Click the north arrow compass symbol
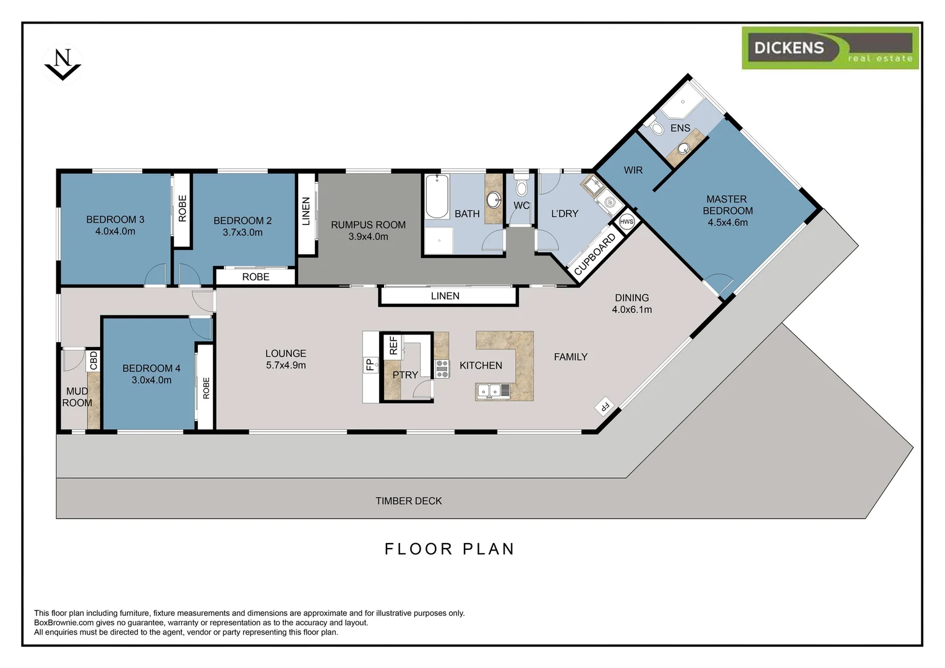pyautogui.click(x=63, y=64)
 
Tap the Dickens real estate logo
pyautogui.click(x=830, y=48)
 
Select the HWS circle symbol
pyautogui.click(x=626, y=221)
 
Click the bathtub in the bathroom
pyautogui.click(x=437, y=196)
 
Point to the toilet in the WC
pyautogui.click(x=521, y=185)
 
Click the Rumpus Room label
pyautogui.click(x=368, y=225)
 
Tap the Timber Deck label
pyautogui.click(x=408, y=501)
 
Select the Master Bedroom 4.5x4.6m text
pyautogui.click(x=727, y=210)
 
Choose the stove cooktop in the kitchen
pyautogui.click(x=442, y=369)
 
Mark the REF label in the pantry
pyautogui.click(x=393, y=345)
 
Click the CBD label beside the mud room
pyautogui.click(x=93, y=361)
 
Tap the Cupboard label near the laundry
pyautogui.click(x=596, y=254)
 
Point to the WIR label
pyautogui.click(x=633, y=170)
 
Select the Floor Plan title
pyautogui.click(x=450, y=549)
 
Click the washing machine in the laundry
pyautogui.click(x=610, y=202)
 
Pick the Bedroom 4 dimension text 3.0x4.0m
pyautogui.click(x=152, y=380)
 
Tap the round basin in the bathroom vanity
pyautogui.click(x=493, y=200)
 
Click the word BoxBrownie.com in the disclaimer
pyautogui.click(x=64, y=622)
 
